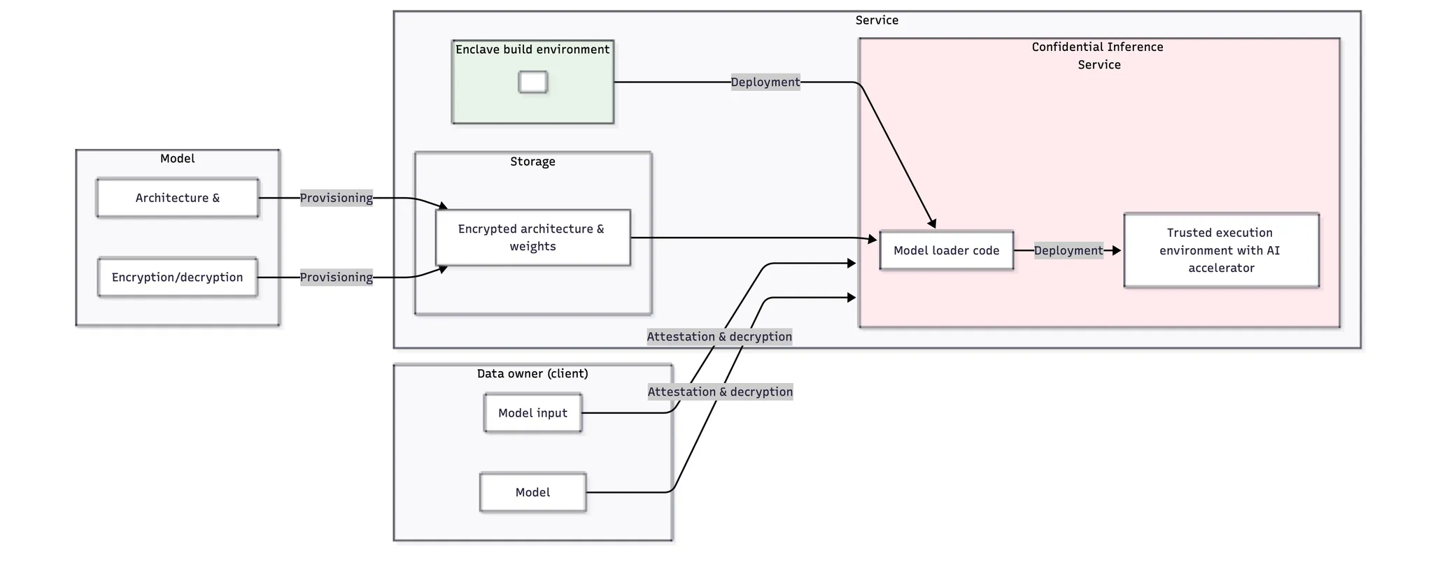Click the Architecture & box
click(178, 198)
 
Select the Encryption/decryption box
click(178, 278)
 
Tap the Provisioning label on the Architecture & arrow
click(337, 198)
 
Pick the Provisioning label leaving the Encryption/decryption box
click(337, 278)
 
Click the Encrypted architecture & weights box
click(532, 238)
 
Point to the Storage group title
click(532, 161)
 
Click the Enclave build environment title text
click(532, 50)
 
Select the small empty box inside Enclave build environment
click(532, 82)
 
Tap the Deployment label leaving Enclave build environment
click(765, 82)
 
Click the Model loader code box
click(946, 250)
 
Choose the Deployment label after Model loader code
click(1068, 250)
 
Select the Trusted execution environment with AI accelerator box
click(1221, 250)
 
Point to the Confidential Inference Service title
click(1099, 56)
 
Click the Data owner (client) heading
click(532, 374)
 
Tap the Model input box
click(532, 413)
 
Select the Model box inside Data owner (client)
click(532, 493)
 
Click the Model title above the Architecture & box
click(178, 159)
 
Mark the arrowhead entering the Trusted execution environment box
click(1117, 250)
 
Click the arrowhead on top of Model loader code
click(932, 224)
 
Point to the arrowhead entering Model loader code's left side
click(873, 239)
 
